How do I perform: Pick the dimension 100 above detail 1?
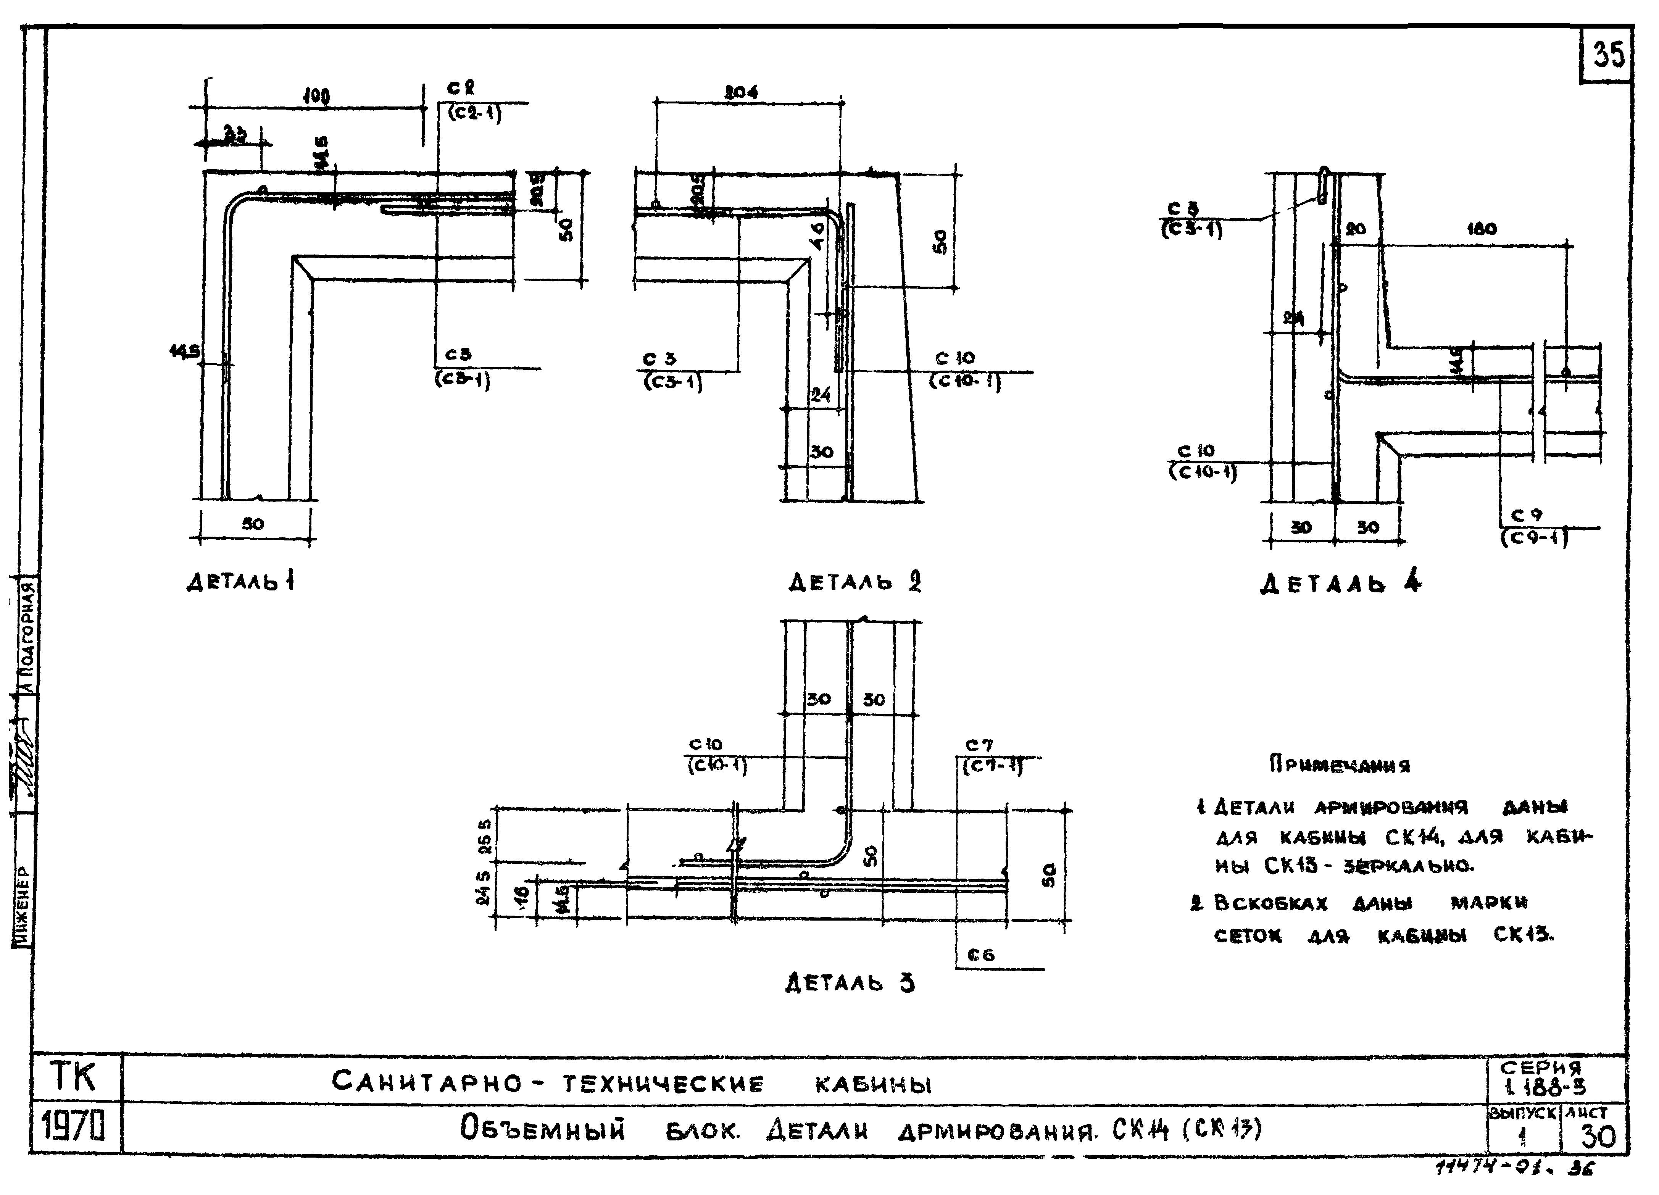point(316,96)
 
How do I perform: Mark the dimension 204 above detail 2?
point(741,92)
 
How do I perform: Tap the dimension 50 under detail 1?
point(253,524)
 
